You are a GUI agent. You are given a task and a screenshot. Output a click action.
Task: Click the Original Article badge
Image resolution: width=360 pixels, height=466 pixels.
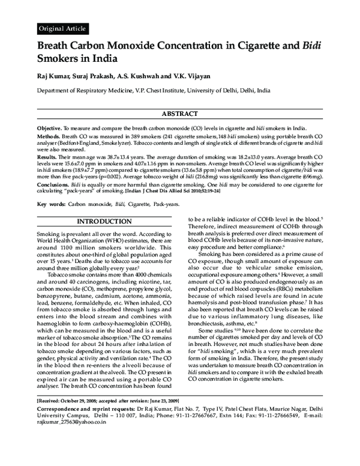[62, 28]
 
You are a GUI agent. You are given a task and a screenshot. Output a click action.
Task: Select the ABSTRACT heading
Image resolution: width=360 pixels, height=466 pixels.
[180, 114]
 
